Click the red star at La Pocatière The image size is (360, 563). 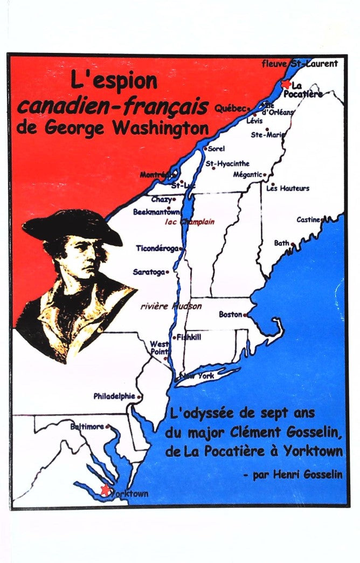tap(286, 84)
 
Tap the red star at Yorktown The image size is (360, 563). tap(105, 489)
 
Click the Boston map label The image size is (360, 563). tap(230, 314)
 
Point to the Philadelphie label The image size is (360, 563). tap(114, 396)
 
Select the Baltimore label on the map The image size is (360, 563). tap(87, 426)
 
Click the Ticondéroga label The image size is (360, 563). tap(157, 249)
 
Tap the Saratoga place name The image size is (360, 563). tap(149, 272)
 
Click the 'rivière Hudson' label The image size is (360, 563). tap(171, 306)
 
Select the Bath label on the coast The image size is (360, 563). tap(282, 243)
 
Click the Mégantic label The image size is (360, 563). tap(247, 174)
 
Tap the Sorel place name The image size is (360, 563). tap(216, 148)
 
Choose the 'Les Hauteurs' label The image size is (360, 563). tap(288, 188)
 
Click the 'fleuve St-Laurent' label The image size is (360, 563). tap(300, 64)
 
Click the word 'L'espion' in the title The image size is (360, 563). tap(114, 82)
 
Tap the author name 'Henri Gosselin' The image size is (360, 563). tap(296, 475)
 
